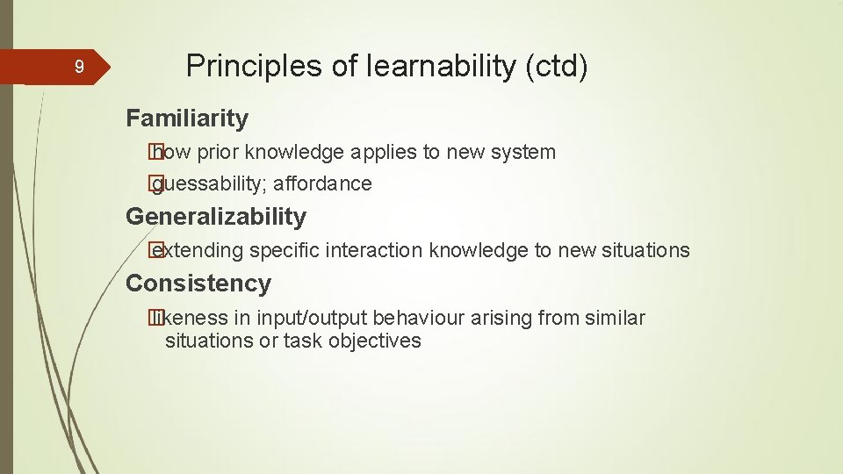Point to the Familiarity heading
click(187, 118)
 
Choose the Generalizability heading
click(216, 216)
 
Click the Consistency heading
click(198, 284)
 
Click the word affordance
click(322, 183)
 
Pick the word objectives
click(375, 341)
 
